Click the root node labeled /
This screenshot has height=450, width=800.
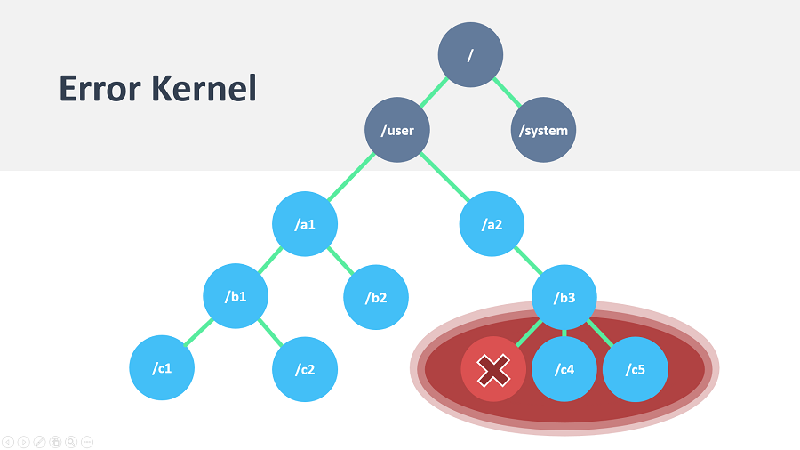(470, 54)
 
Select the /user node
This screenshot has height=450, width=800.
(397, 130)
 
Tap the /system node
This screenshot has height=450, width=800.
(543, 130)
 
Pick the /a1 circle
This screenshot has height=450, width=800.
(305, 224)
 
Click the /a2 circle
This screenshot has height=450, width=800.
(492, 224)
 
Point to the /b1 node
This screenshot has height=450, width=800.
(236, 296)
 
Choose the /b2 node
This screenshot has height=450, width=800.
(376, 297)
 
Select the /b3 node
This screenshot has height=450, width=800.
(564, 297)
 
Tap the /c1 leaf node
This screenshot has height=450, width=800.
(162, 368)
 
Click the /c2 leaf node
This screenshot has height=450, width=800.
(305, 369)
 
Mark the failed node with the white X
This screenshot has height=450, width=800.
(493, 369)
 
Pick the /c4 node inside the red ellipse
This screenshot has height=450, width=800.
(564, 369)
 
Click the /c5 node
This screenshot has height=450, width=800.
(636, 369)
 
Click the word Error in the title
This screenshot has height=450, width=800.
(100, 88)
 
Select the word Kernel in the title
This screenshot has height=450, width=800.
(204, 88)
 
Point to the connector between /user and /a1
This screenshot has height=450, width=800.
(351, 177)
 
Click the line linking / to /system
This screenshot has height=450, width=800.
(508, 92)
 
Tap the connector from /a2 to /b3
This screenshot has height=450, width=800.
(528, 261)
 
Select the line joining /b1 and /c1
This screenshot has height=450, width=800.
(198, 332)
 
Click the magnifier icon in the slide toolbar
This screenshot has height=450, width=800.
(71, 442)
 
